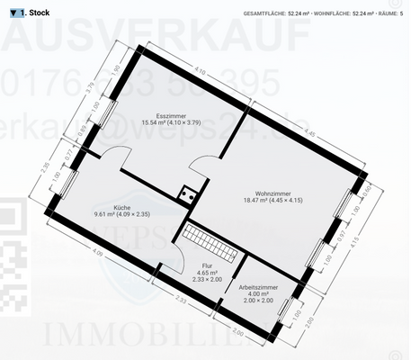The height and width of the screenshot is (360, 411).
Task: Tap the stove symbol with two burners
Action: (188, 192)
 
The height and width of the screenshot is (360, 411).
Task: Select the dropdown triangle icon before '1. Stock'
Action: (14, 13)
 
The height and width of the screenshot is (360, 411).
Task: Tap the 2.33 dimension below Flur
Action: (181, 300)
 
